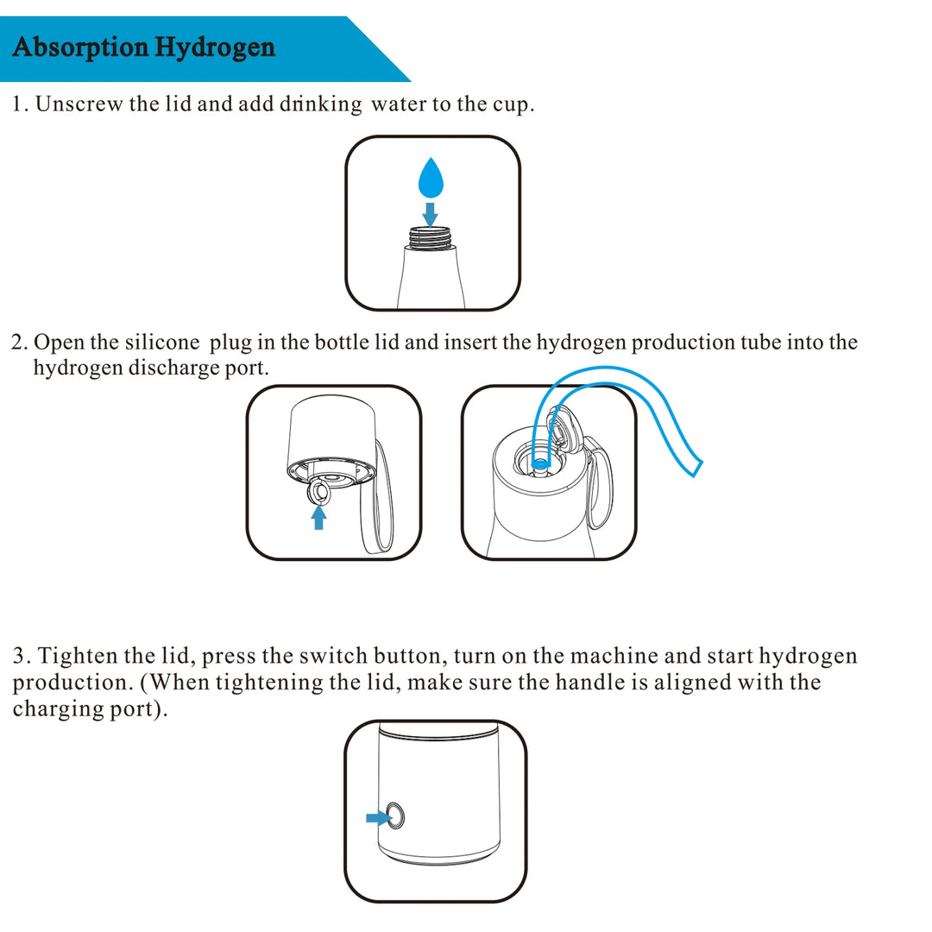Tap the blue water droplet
(x=430, y=179)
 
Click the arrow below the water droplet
(x=430, y=212)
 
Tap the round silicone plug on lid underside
(x=318, y=492)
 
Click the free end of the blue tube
(x=694, y=467)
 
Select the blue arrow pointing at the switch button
(x=376, y=816)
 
